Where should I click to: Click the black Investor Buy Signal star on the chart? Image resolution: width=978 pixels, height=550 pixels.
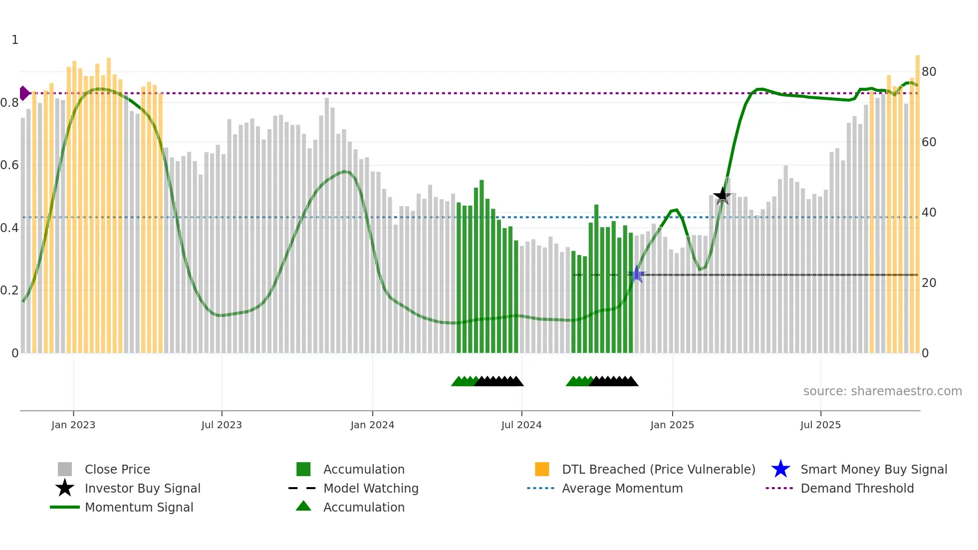pos(722,196)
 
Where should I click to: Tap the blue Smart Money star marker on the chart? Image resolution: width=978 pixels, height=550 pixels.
pos(636,274)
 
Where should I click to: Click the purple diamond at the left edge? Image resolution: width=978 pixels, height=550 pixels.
pos(24,93)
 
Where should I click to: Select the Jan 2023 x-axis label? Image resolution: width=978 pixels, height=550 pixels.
pos(73,425)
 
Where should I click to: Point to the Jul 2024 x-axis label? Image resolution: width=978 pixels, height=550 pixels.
pos(521,425)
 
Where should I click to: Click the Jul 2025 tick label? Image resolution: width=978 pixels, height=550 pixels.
pos(820,425)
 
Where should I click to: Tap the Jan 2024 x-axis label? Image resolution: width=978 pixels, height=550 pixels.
pos(372,425)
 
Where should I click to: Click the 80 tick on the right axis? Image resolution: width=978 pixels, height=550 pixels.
pos(929,72)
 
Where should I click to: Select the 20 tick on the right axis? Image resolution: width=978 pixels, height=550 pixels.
pos(929,283)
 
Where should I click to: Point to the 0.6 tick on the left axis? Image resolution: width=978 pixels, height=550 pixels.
pos(9,165)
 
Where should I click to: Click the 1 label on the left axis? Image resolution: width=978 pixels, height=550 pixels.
pos(15,40)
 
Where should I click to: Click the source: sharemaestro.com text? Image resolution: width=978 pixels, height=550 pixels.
pos(882,391)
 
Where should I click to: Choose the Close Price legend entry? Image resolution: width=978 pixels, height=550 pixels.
pos(117,469)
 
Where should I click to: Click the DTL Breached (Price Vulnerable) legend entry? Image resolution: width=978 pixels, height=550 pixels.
pos(658,469)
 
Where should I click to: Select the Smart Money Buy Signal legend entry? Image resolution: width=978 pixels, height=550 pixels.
pos(873,469)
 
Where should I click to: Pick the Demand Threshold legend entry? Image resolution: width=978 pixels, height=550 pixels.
pos(857,488)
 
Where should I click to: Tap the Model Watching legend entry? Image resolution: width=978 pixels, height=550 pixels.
pos(371,488)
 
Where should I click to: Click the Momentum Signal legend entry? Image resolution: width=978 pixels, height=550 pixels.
pos(139,507)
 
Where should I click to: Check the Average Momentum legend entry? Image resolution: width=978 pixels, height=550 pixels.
pos(622,488)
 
